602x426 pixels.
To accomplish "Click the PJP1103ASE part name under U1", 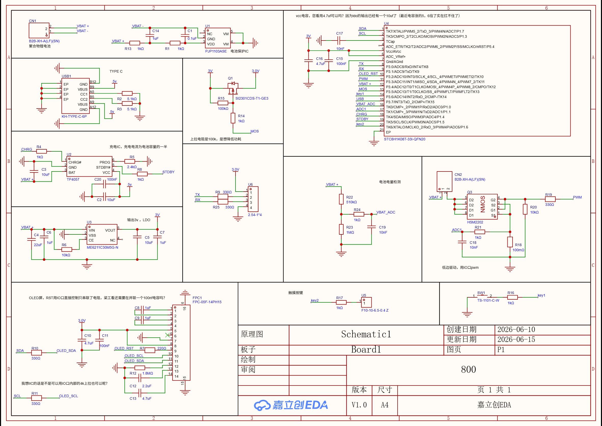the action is click(x=216, y=51).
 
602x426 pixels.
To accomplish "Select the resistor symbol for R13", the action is click(x=135, y=43).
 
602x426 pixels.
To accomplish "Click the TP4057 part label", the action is click(x=73, y=179).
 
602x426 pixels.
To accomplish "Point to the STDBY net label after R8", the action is click(x=168, y=172).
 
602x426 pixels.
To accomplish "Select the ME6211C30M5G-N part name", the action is click(x=102, y=247).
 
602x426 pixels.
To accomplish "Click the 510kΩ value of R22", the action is click(x=351, y=202).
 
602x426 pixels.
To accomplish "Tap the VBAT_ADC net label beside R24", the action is click(x=386, y=212).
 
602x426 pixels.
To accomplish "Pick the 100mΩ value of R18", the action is click(x=518, y=250).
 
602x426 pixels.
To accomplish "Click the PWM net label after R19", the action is click(x=577, y=197).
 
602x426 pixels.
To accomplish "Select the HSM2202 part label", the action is click(x=475, y=222).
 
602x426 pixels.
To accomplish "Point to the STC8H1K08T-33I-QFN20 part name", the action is click(x=404, y=139).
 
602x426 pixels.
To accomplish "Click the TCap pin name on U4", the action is click(x=390, y=42).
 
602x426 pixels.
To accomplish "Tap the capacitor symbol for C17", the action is click(x=339, y=41).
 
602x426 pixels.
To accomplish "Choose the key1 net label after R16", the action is click(x=541, y=295).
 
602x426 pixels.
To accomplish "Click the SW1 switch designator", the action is click(x=481, y=293).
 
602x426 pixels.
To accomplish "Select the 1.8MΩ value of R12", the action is click(x=148, y=373).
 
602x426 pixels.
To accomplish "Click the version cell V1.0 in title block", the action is click(x=359, y=405).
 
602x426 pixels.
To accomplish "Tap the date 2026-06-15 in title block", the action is click(x=516, y=339).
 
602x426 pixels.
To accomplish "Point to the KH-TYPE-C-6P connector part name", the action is click(x=74, y=116).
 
